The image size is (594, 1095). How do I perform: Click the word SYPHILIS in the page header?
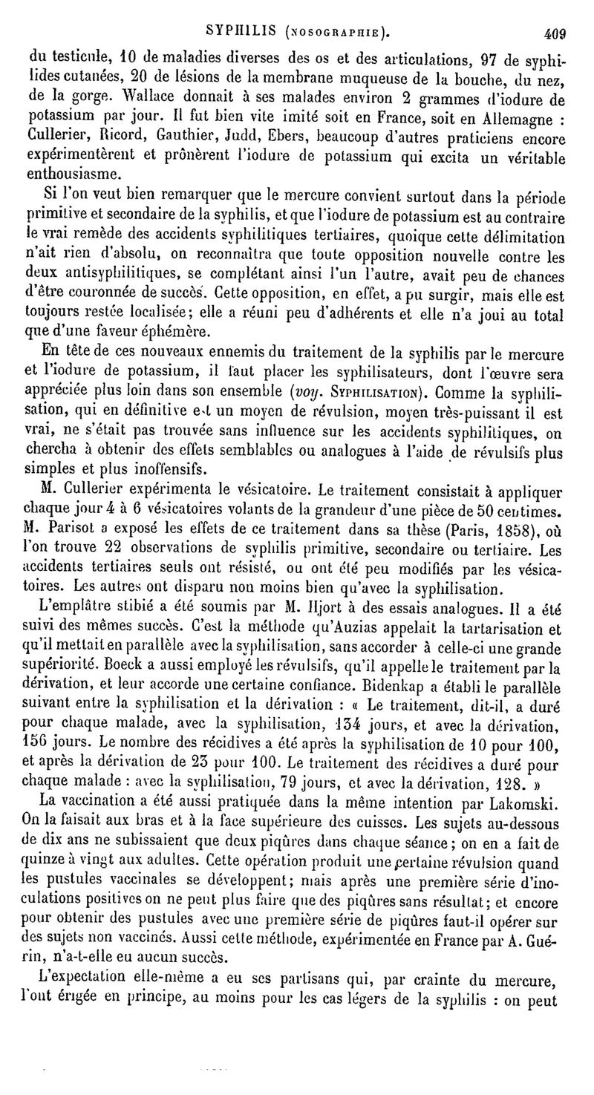click(242, 31)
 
